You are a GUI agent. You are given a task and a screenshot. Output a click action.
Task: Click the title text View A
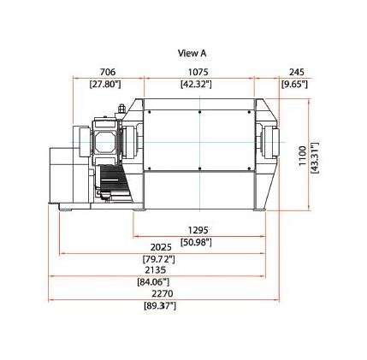point(192,53)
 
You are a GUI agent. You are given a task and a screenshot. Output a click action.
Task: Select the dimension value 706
point(107,72)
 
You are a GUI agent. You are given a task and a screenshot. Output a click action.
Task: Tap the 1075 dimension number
point(198,72)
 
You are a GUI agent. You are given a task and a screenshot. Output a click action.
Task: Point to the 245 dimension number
point(297,72)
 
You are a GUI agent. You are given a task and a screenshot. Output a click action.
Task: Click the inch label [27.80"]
point(105,85)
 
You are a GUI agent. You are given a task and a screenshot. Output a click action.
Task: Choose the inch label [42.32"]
point(196,85)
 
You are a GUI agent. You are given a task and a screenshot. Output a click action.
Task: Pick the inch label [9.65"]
point(294,85)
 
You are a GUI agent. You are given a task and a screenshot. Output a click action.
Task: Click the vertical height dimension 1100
point(302,156)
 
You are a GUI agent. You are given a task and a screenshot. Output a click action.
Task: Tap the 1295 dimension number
point(198,230)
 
